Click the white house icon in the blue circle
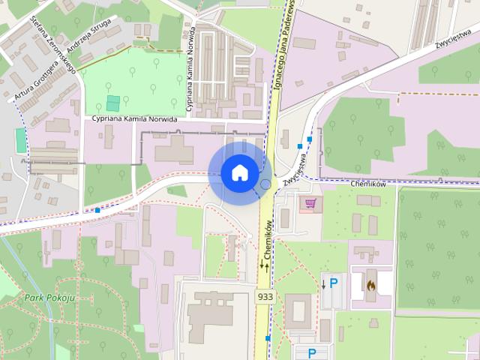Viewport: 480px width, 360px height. click(239, 172)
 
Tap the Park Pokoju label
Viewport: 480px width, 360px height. click(49, 298)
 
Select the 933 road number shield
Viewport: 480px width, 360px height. click(265, 297)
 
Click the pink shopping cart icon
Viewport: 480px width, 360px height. click(309, 202)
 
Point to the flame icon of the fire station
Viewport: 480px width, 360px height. click(370, 285)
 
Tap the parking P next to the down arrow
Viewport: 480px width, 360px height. click(334, 283)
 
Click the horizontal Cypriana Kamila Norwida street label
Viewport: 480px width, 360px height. click(134, 119)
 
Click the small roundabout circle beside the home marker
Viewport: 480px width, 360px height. click(265, 184)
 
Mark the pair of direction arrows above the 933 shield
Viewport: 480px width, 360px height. click(265, 265)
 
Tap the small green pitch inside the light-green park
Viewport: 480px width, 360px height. click(112, 103)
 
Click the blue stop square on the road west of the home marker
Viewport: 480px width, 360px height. click(97, 211)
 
